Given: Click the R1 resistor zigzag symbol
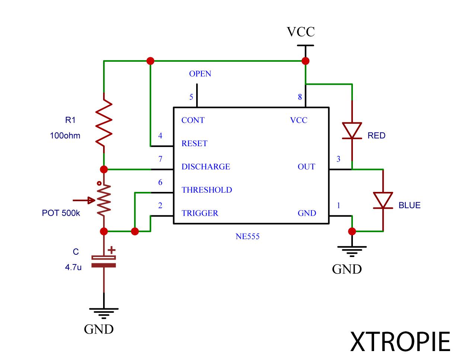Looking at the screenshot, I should [x=104, y=122].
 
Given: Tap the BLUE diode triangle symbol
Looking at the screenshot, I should [x=383, y=200].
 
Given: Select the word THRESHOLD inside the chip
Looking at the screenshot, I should [x=207, y=190].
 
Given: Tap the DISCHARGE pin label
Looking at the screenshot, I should [x=205, y=167].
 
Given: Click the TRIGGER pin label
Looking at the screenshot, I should [x=200, y=213].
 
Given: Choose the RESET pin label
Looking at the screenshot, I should [x=194, y=144].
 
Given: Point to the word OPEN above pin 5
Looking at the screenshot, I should [x=200, y=74].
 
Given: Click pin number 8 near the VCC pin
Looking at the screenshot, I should [x=300, y=97].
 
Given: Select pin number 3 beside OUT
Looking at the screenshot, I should [x=338, y=159].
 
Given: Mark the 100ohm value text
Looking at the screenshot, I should [x=65, y=136].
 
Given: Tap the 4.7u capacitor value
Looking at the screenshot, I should [x=73, y=267].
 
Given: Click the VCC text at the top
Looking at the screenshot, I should [x=300, y=32].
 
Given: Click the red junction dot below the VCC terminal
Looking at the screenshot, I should [x=305, y=61].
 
